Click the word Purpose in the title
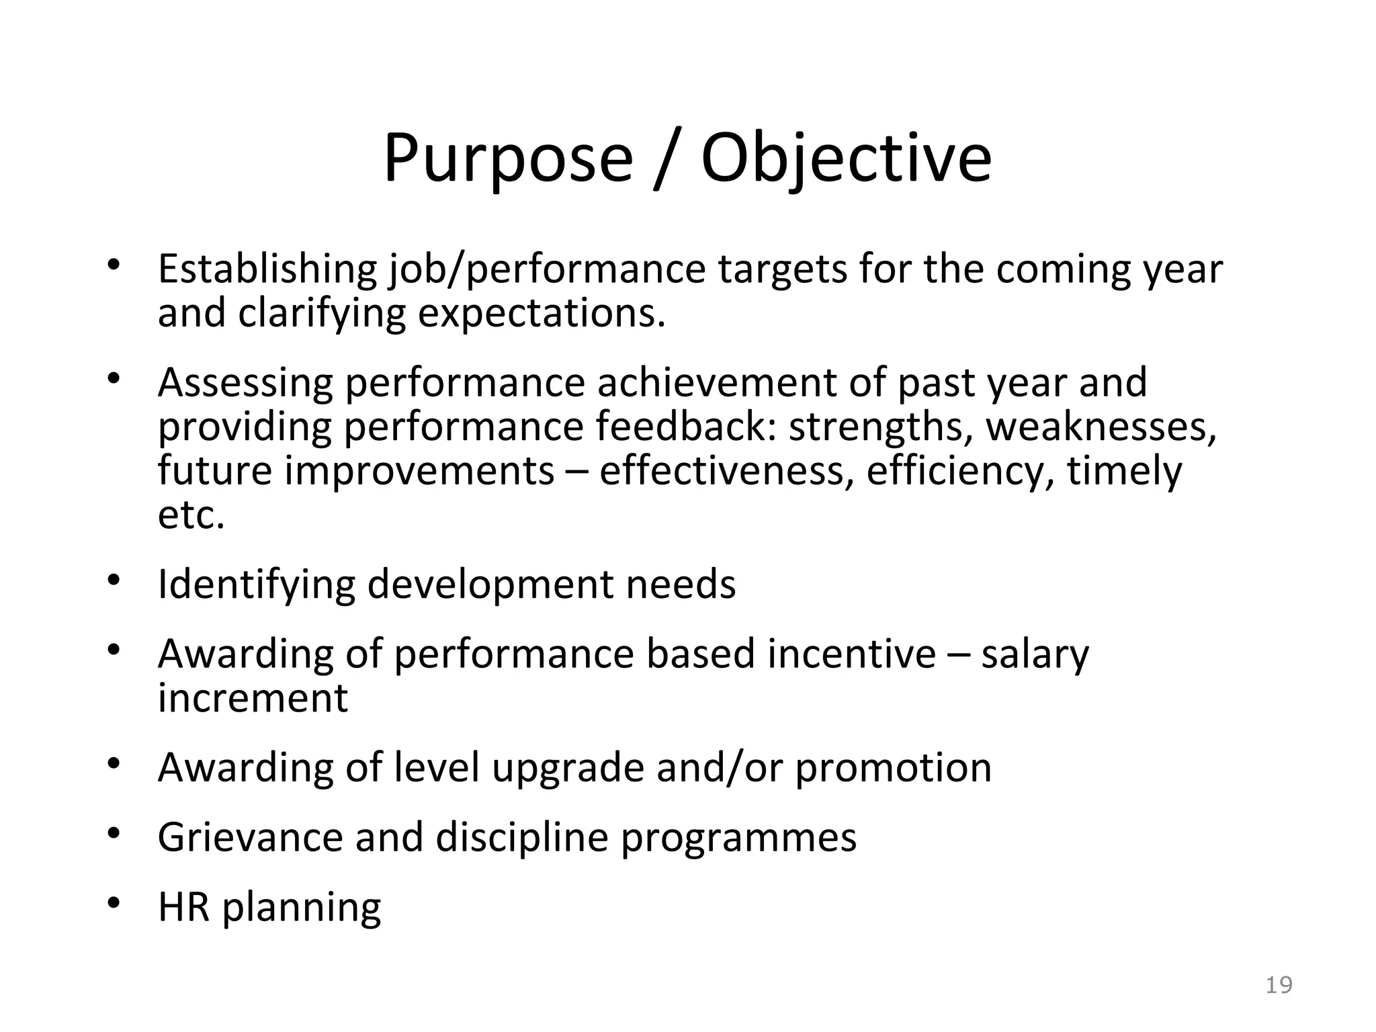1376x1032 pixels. pos(508,159)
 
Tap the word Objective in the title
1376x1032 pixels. pos(846,159)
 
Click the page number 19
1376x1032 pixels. pos(1279,985)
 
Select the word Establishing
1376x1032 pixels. pos(267,270)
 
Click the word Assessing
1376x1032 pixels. pos(245,383)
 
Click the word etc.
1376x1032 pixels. pos(191,516)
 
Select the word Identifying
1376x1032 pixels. pos(256,585)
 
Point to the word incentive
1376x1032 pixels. pos(851,654)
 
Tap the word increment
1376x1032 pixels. pos(253,698)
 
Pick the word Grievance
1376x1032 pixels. pos(250,837)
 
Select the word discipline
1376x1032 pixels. pos(521,837)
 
